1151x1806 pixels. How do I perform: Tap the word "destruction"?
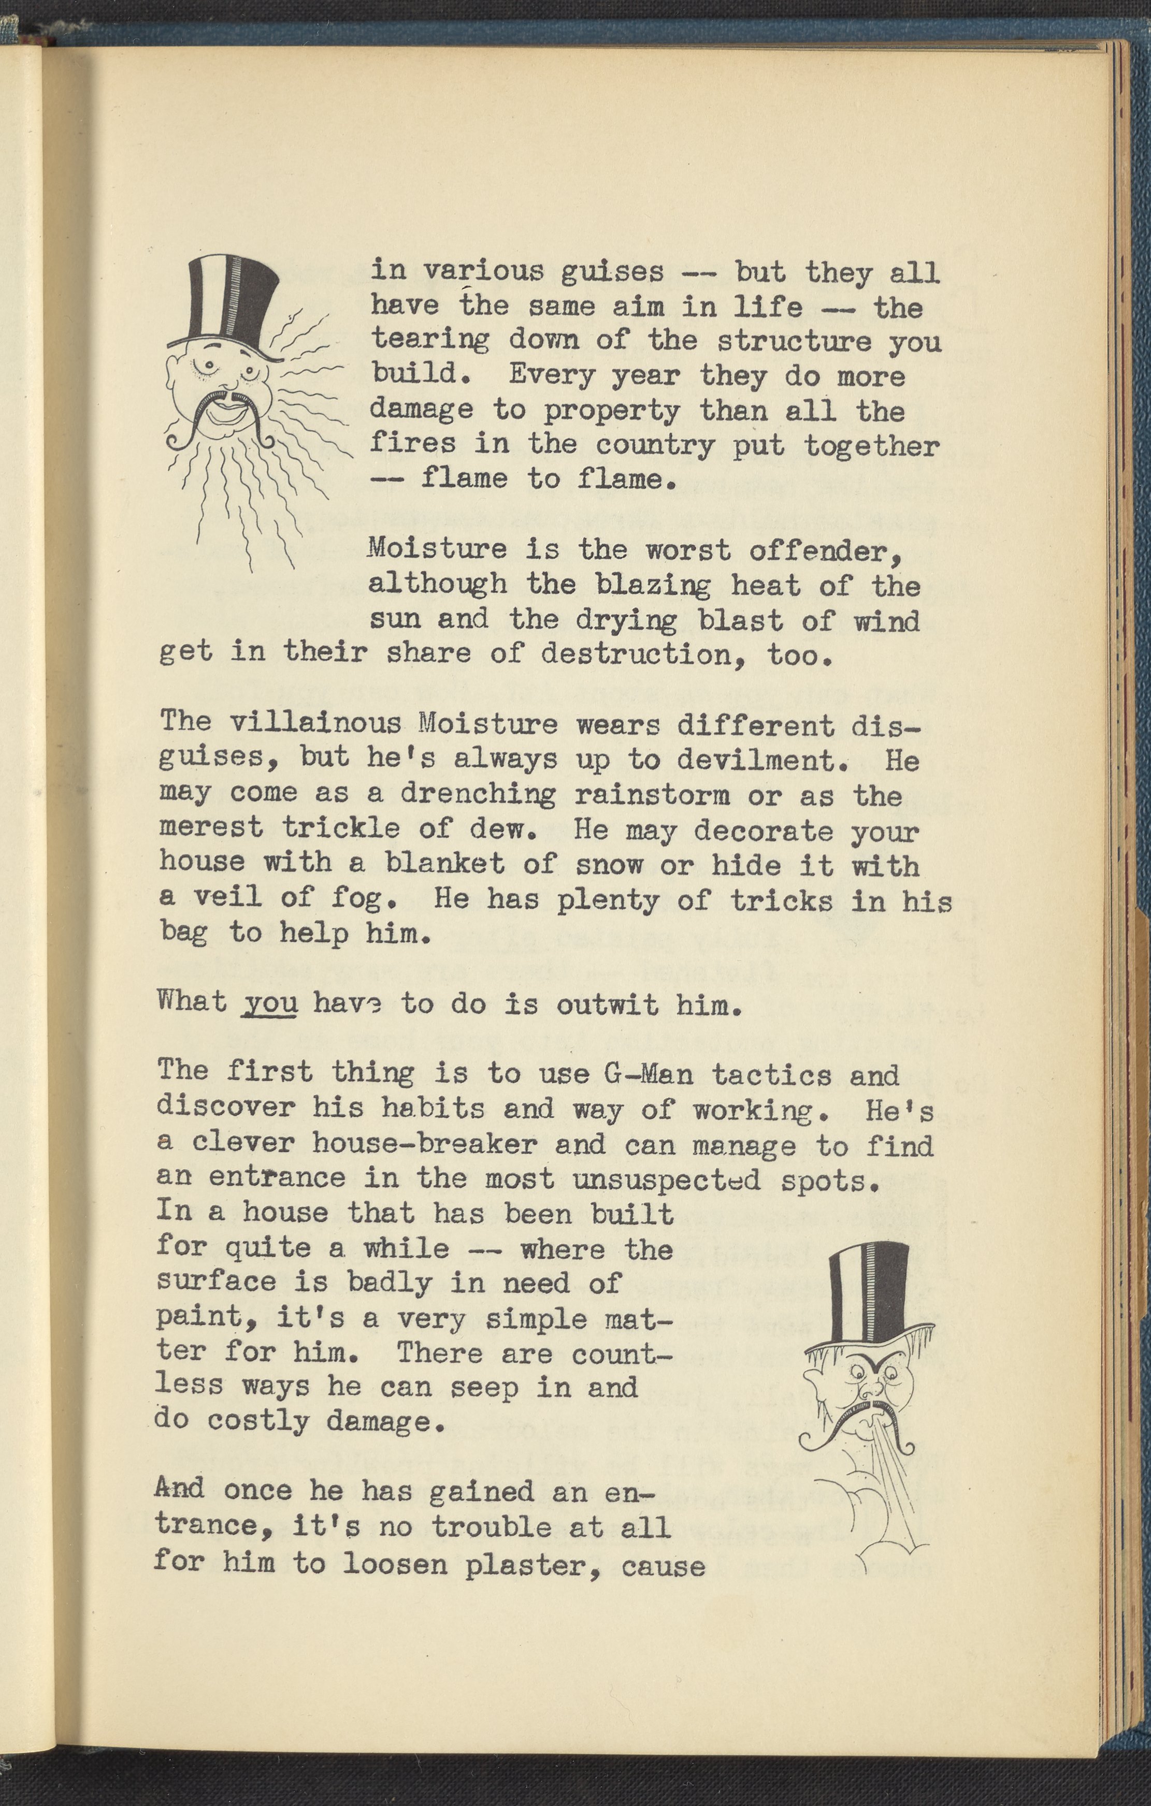(645, 655)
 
